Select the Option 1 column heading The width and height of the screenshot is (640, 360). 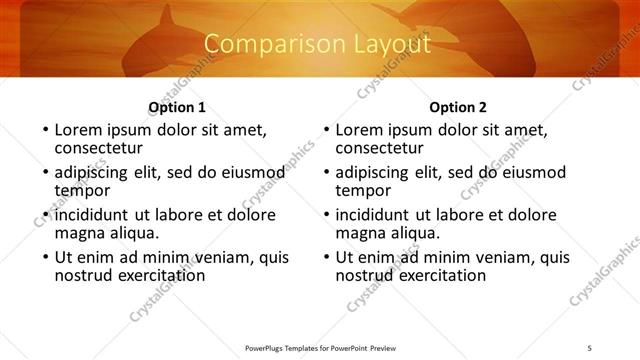(177, 107)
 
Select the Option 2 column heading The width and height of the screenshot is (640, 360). (458, 107)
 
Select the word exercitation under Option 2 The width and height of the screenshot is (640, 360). (441, 274)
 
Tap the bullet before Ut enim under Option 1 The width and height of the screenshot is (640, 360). (44, 256)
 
